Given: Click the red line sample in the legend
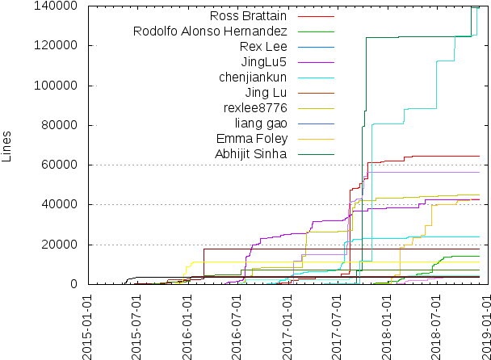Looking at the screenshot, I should tap(316, 16).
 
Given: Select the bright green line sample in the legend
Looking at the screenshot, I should tap(316, 31).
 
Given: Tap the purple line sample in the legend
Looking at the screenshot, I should tap(316, 62).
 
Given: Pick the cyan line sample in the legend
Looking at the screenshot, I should tap(316, 77).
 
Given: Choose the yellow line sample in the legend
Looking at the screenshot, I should tap(316, 108).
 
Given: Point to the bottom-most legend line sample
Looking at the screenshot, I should tap(316, 154).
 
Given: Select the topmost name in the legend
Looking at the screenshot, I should tap(251, 16).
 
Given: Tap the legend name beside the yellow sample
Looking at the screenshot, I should tap(255, 108).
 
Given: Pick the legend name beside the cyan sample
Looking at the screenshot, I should tap(254, 77).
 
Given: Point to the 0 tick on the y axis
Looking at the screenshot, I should tap(74, 283).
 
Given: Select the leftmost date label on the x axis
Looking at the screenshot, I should tap(86, 327).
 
